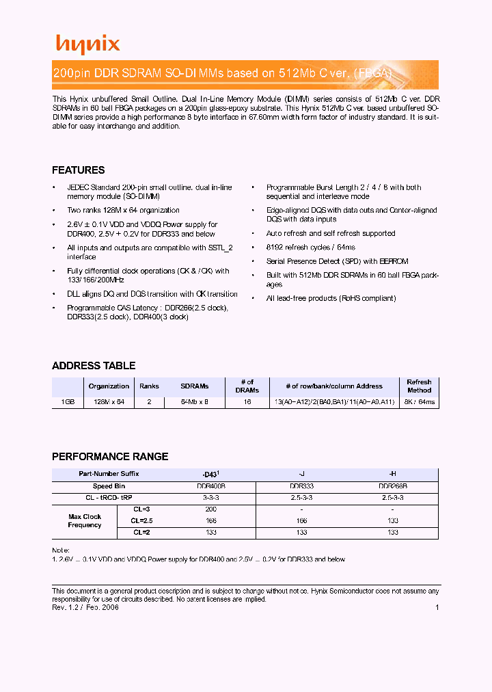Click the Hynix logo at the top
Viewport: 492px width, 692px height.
(x=87, y=44)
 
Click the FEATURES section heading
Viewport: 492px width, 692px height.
(x=79, y=170)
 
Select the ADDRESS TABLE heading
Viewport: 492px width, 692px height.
(x=94, y=366)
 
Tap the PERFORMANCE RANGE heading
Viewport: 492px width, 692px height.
(x=110, y=457)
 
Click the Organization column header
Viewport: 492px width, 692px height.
(x=109, y=386)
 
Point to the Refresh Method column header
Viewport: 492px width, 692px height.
(x=419, y=386)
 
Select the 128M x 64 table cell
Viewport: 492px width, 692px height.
(x=109, y=402)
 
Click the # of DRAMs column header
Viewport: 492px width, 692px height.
(x=247, y=386)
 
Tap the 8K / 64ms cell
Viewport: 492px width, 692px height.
(x=419, y=402)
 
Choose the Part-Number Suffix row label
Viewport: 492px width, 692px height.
(x=109, y=474)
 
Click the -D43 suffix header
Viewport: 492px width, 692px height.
(x=210, y=474)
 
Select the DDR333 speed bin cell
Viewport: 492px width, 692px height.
(x=301, y=486)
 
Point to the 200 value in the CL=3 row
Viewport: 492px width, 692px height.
(x=210, y=509)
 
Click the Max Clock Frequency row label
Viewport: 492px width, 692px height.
(x=85, y=521)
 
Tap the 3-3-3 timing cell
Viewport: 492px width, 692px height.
(x=210, y=498)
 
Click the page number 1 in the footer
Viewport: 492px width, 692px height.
(x=437, y=607)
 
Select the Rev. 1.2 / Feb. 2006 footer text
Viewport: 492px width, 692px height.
(x=85, y=607)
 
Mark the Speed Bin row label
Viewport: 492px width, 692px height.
(x=109, y=486)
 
